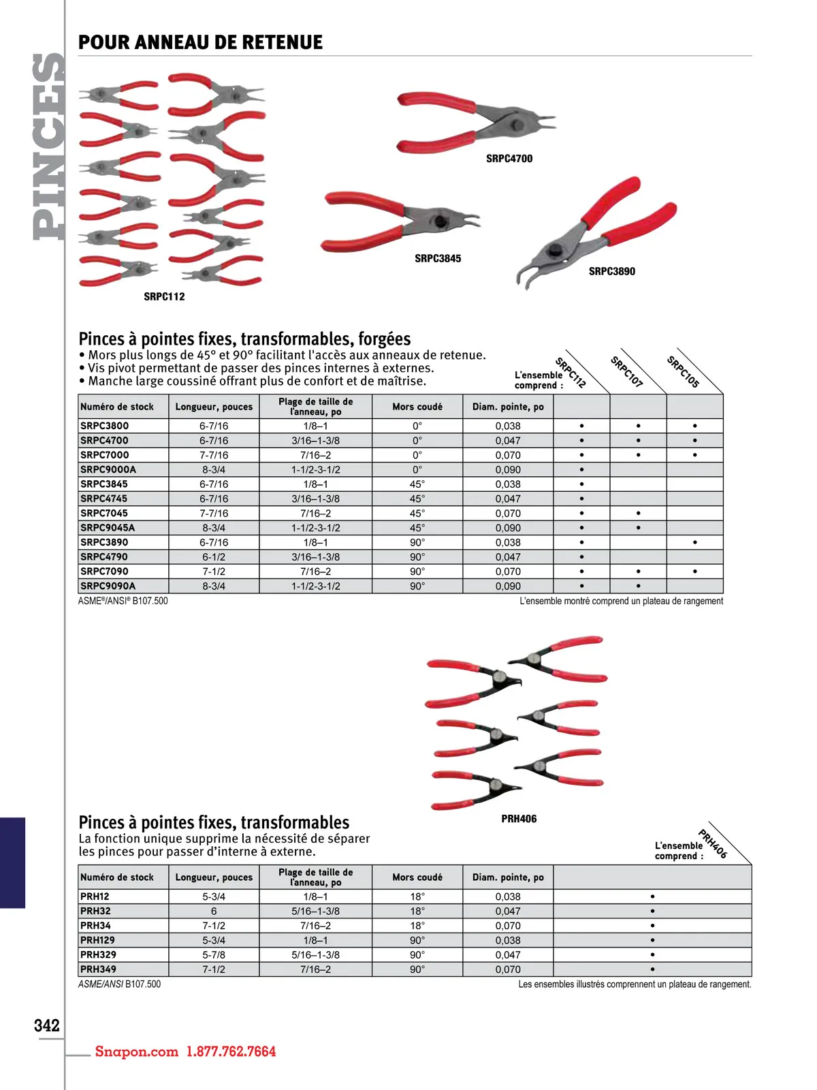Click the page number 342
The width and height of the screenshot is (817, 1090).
tap(46, 1025)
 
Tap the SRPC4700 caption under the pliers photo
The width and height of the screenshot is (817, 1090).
tap(509, 159)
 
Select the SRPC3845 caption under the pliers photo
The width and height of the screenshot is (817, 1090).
tap(438, 259)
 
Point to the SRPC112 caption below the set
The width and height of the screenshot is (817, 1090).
tap(164, 297)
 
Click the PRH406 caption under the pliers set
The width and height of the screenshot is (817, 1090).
tap(519, 819)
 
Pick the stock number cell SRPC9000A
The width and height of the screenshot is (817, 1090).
tap(108, 470)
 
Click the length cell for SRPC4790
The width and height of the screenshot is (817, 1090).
tap(214, 557)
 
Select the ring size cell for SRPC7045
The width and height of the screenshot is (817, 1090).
tap(315, 514)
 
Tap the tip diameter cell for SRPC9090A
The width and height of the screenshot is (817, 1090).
tap(508, 587)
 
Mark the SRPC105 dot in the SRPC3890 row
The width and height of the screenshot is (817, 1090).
tap(695, 543)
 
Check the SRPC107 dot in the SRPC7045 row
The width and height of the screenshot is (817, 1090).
tap(639, 514)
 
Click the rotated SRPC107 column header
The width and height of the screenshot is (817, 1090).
tap(626, 372)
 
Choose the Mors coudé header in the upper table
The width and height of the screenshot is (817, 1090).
tap(417, 407)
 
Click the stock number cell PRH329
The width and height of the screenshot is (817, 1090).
tap(98, 955)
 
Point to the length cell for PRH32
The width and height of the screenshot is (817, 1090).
tap(214, 912)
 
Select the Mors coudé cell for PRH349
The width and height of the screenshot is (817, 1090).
tap(417, 969)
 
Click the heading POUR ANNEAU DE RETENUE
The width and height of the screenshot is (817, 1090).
tap(200, 42)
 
